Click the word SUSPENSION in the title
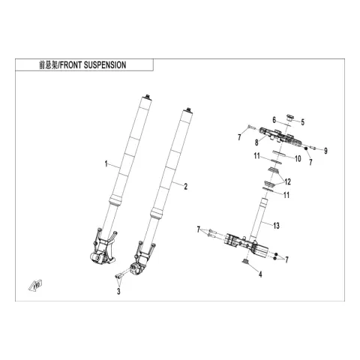pyautogui.click(x=105, y=65)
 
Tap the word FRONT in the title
pyautogui.click(x=70, y=65)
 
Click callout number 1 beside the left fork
pyautogui.click(x=106, y=164)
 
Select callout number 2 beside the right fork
pyautogui.click(x=185, y=187)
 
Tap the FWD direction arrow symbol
pyautogui.click(x=35, y=286)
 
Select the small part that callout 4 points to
pyautogui.click(x=245, y=262)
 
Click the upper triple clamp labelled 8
pyautogui.click(x=280, y=138)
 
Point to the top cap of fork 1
pyautogui.click(x=147, y=97)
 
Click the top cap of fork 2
pyautogui.click(x=188, y=111)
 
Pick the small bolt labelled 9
pyautogui.click(x=313, y=148)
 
